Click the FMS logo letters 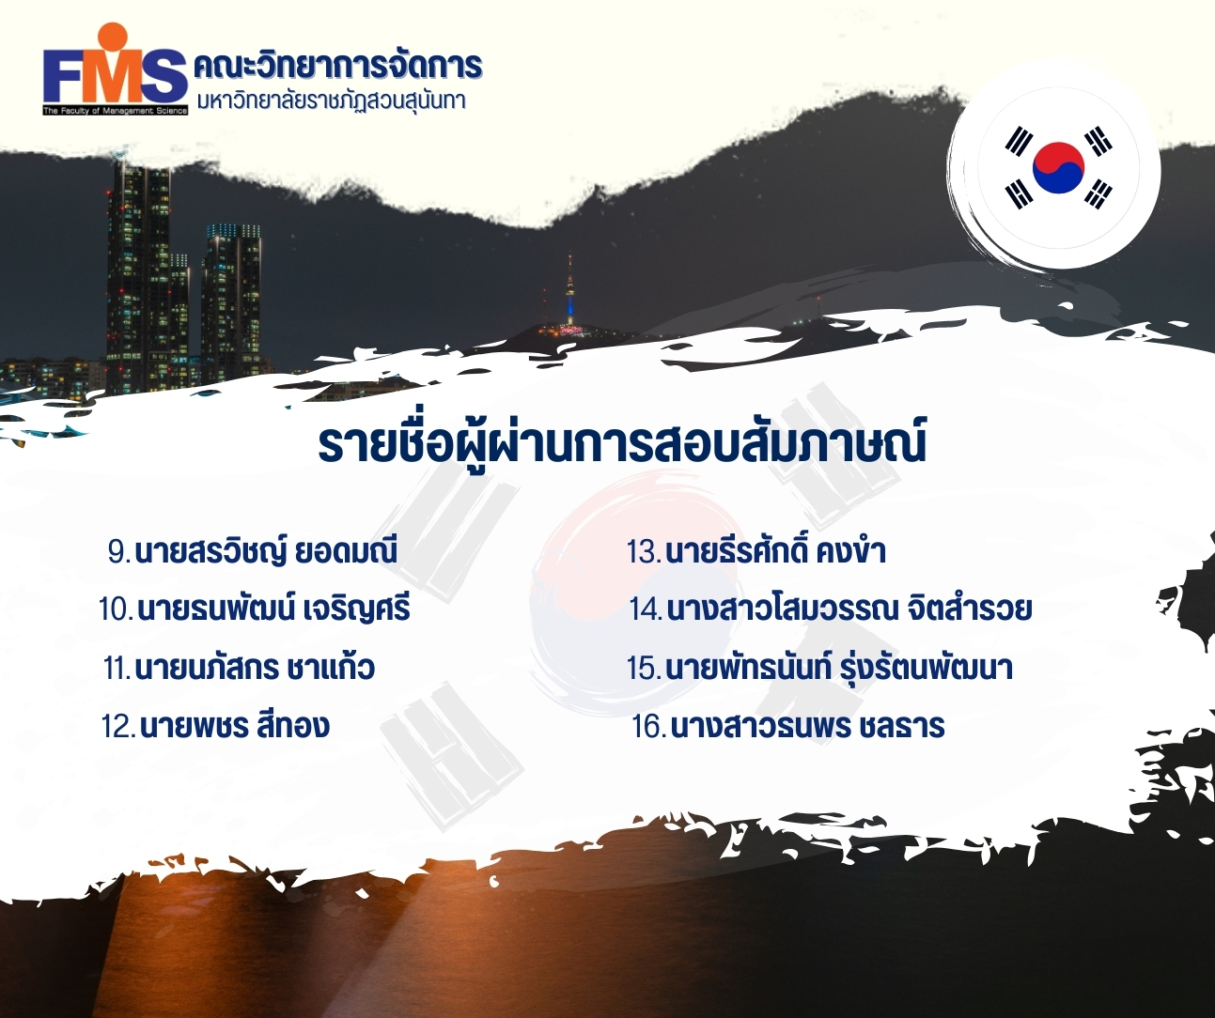116,77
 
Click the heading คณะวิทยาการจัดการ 337,65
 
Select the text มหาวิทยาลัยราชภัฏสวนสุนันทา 332,101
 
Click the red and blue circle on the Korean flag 1058,167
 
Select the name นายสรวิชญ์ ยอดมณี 266,551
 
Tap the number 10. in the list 117,609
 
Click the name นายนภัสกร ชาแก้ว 255,668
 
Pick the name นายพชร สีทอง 235,726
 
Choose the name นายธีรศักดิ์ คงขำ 775,551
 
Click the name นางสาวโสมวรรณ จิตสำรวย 849,609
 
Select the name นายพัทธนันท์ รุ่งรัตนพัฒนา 839,668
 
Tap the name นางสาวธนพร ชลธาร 807,726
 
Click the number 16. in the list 648,726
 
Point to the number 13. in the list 645,552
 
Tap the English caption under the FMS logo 116,111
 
